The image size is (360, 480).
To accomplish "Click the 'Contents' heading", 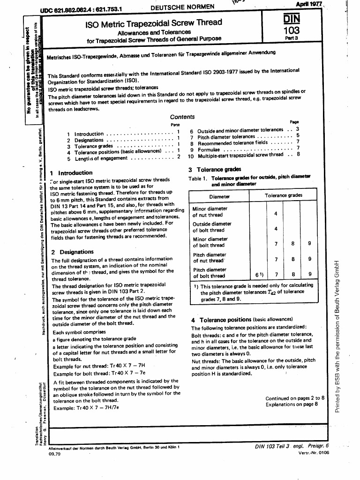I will [182, 117].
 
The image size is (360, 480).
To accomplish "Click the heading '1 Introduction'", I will [71, 172].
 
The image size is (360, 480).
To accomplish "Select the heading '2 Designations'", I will [73, 252].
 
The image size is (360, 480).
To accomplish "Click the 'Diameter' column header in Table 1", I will [219, 196].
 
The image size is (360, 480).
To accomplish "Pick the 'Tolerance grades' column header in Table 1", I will [283, 195].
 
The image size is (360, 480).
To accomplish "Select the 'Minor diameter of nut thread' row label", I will [210, 212].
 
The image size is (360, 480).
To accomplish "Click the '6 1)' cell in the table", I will [260, 274].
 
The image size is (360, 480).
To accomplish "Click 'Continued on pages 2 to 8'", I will [295, 398].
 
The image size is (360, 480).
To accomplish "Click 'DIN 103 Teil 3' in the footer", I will [272, 446].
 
